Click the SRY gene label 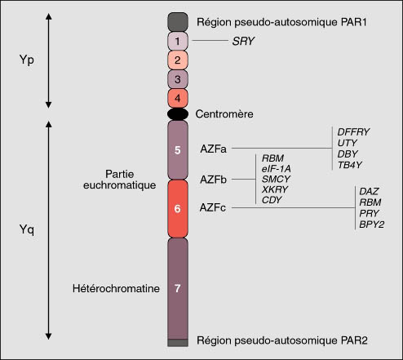(x=243, y=41)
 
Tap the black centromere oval (x=178, y=114)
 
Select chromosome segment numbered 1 (x=178, y=41)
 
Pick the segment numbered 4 (x=178, y=98)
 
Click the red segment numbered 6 (x=178, y=208)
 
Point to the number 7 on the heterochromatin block (x=178, y=288)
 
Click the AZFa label (x=213, y=149)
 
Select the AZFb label (x=213, y=180)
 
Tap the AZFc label (x=213, y=207)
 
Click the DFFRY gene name (x=353, y=132)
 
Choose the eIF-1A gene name (x=276, y=169)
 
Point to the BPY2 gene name (x=371, y=224)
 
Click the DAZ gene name (x=369, y=191)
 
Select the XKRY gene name (x=275, y=189)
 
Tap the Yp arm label (x=27, y=60)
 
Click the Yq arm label (x=27, y=230)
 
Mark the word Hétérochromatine (x=116, y=288)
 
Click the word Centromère (x=224, y=114)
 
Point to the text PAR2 (x=353, y=340)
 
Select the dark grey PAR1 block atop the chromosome (x=178, y=22)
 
